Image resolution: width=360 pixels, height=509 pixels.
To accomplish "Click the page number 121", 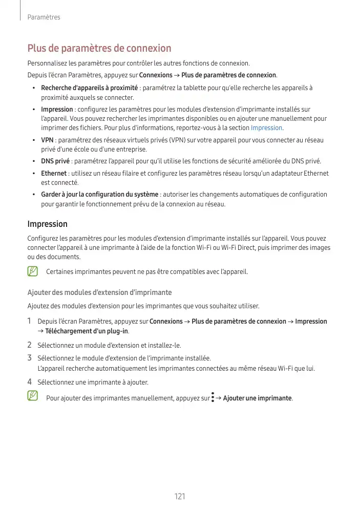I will point(179,496).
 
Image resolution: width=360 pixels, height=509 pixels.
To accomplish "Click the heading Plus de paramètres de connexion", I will point(99,49).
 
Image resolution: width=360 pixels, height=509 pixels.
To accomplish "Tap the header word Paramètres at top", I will point(44,17).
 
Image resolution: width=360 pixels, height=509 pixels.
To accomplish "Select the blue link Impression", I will point(266,128).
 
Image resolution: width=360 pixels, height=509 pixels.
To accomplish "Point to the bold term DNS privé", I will point(55,161).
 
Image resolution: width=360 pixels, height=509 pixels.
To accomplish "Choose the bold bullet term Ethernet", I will point(54,174).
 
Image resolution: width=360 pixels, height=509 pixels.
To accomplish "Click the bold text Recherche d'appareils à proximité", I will point(89,88).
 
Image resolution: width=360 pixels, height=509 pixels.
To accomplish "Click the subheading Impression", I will point(47,224).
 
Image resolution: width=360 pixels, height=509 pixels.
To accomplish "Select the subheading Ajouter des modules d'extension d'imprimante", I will point(99,292).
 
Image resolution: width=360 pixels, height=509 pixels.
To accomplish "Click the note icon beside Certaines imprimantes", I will point(33,271).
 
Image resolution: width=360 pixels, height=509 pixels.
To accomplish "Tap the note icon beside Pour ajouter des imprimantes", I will point(33,396).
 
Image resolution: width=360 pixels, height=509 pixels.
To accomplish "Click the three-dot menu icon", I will point(213,398).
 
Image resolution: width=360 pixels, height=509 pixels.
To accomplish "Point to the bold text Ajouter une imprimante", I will point(258,398).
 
